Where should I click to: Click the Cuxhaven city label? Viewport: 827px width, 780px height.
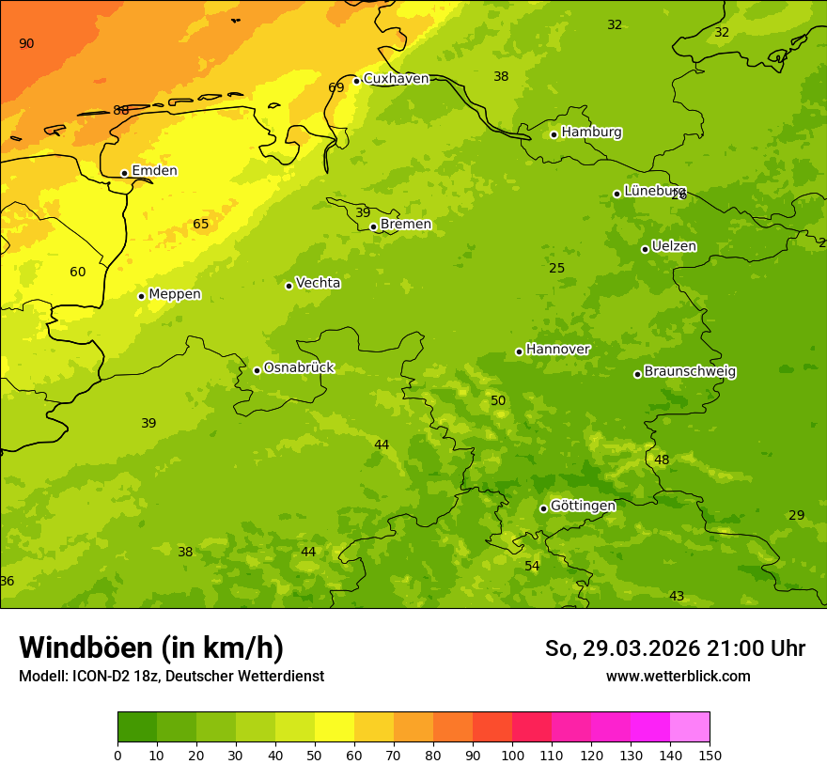[x=396, y=79]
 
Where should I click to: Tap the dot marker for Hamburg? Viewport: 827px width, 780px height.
[x=554, y=134]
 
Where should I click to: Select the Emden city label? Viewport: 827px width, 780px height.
[x=154, y=171]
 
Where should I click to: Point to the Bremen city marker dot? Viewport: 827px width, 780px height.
[x=373, y=226]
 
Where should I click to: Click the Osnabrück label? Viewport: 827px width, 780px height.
[x=299, y=368]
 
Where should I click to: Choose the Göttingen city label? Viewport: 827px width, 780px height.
[x=583, y=507]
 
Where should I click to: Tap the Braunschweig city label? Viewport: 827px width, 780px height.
[x=690, y=372]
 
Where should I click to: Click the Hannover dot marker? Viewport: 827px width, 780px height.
[x=519, y=351]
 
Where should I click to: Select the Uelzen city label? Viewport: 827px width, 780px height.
[x=674, y=247]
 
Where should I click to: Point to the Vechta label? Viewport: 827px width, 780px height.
[x=318, y=284]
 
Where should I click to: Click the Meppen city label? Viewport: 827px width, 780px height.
[x=175, y=295]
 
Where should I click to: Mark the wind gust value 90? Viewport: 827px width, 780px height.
[x=26, y=44]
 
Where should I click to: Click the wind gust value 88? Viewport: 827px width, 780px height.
[x=121, y=111]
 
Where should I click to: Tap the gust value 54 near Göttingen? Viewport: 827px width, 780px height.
[x=532, y=567]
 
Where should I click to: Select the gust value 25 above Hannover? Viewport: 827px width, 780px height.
[x=557, y=269]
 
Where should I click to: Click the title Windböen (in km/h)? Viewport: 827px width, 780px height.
[x=151, y=648]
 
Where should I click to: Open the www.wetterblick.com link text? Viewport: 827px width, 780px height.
[x=678, y=677]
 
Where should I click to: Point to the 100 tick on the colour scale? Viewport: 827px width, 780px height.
[x=512, y=756]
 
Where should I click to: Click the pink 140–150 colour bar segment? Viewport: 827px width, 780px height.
[x=690, y=727]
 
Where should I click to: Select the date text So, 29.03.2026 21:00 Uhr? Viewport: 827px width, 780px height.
[x=675, y=649]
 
